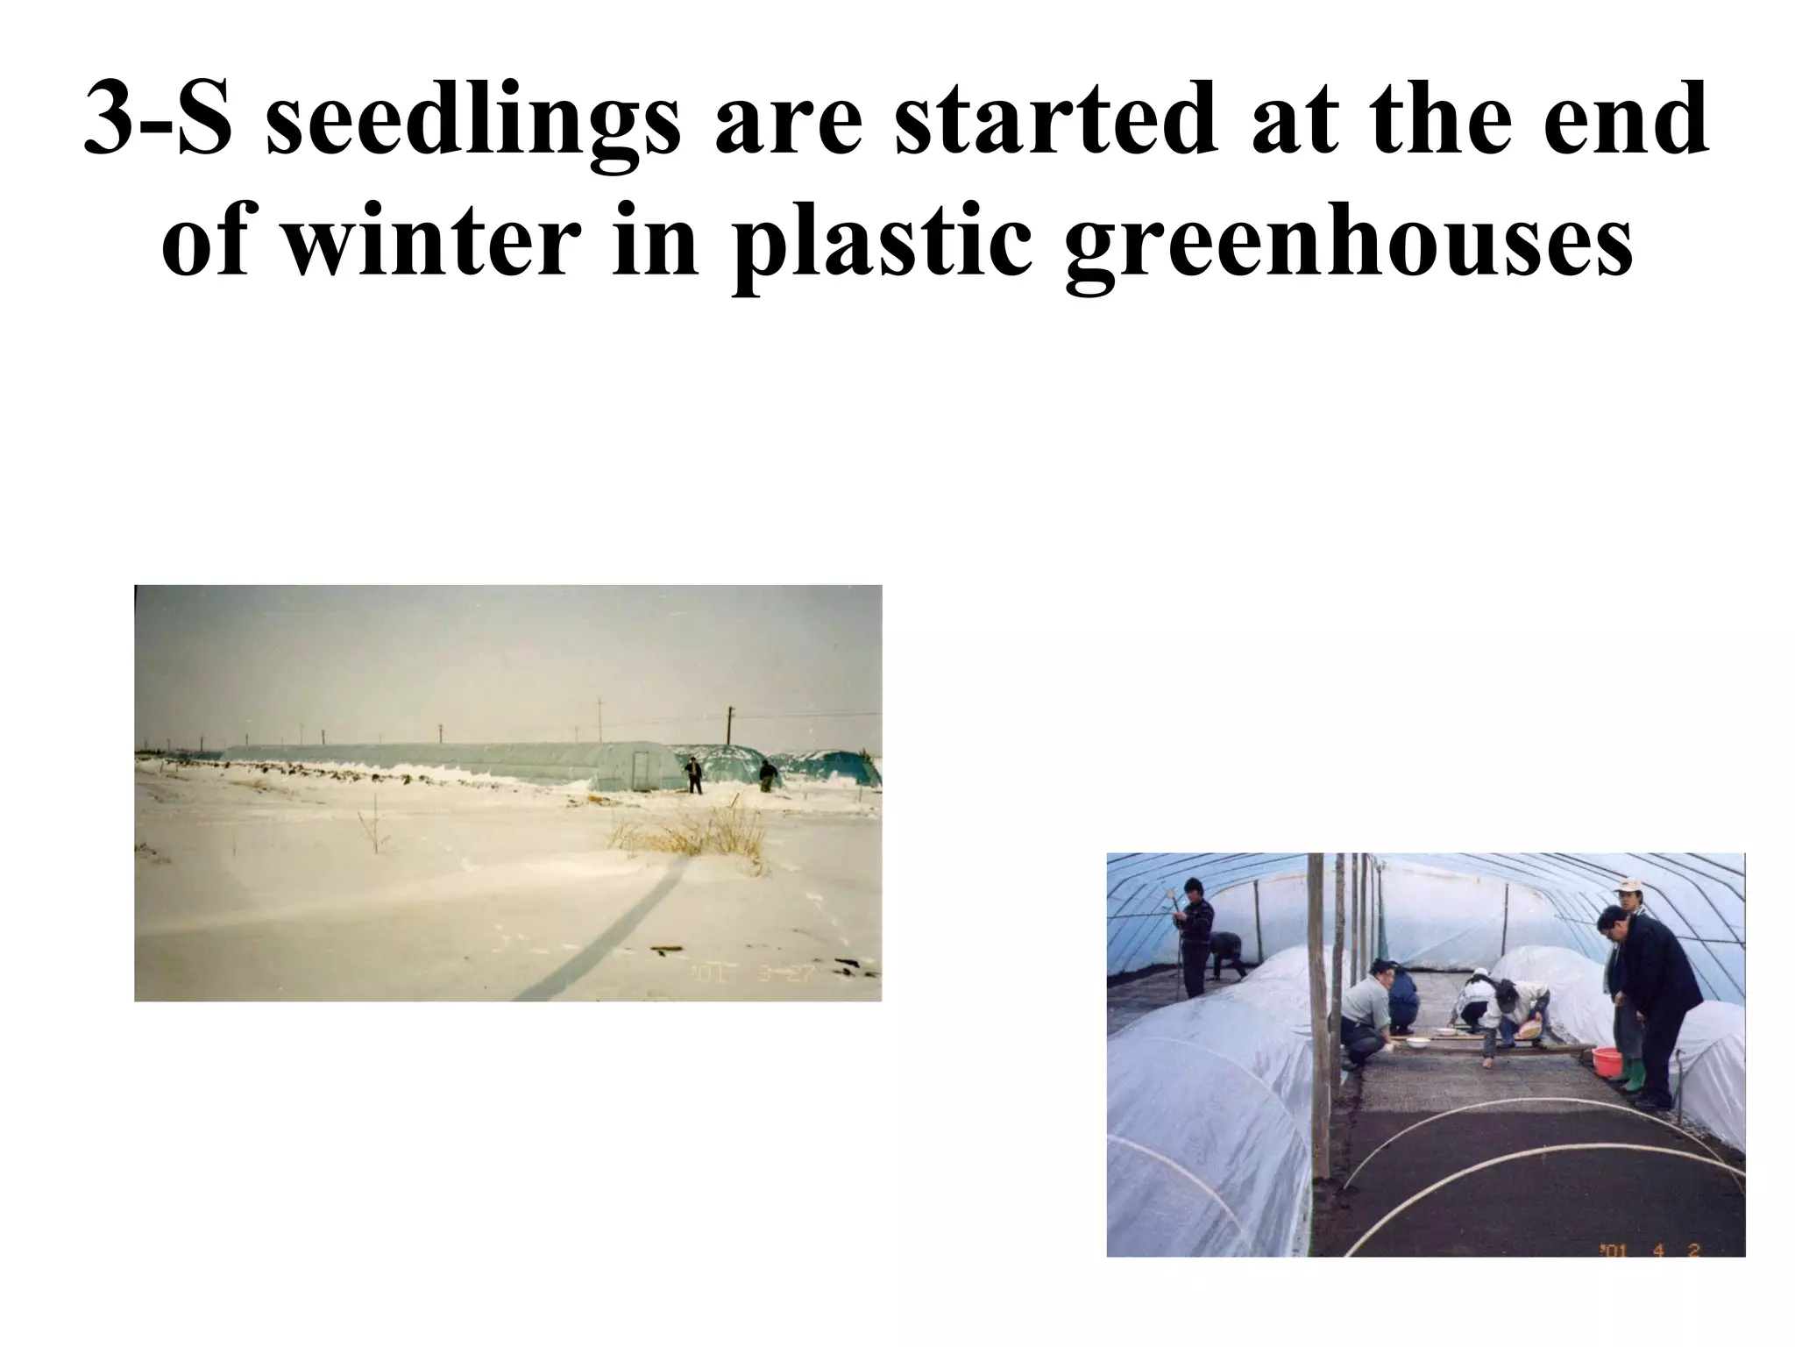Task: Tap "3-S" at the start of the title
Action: click(x=158, y=118)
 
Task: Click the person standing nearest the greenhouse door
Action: click(x=694, y=774)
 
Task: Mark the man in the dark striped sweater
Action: click(x=1195, y=937)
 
